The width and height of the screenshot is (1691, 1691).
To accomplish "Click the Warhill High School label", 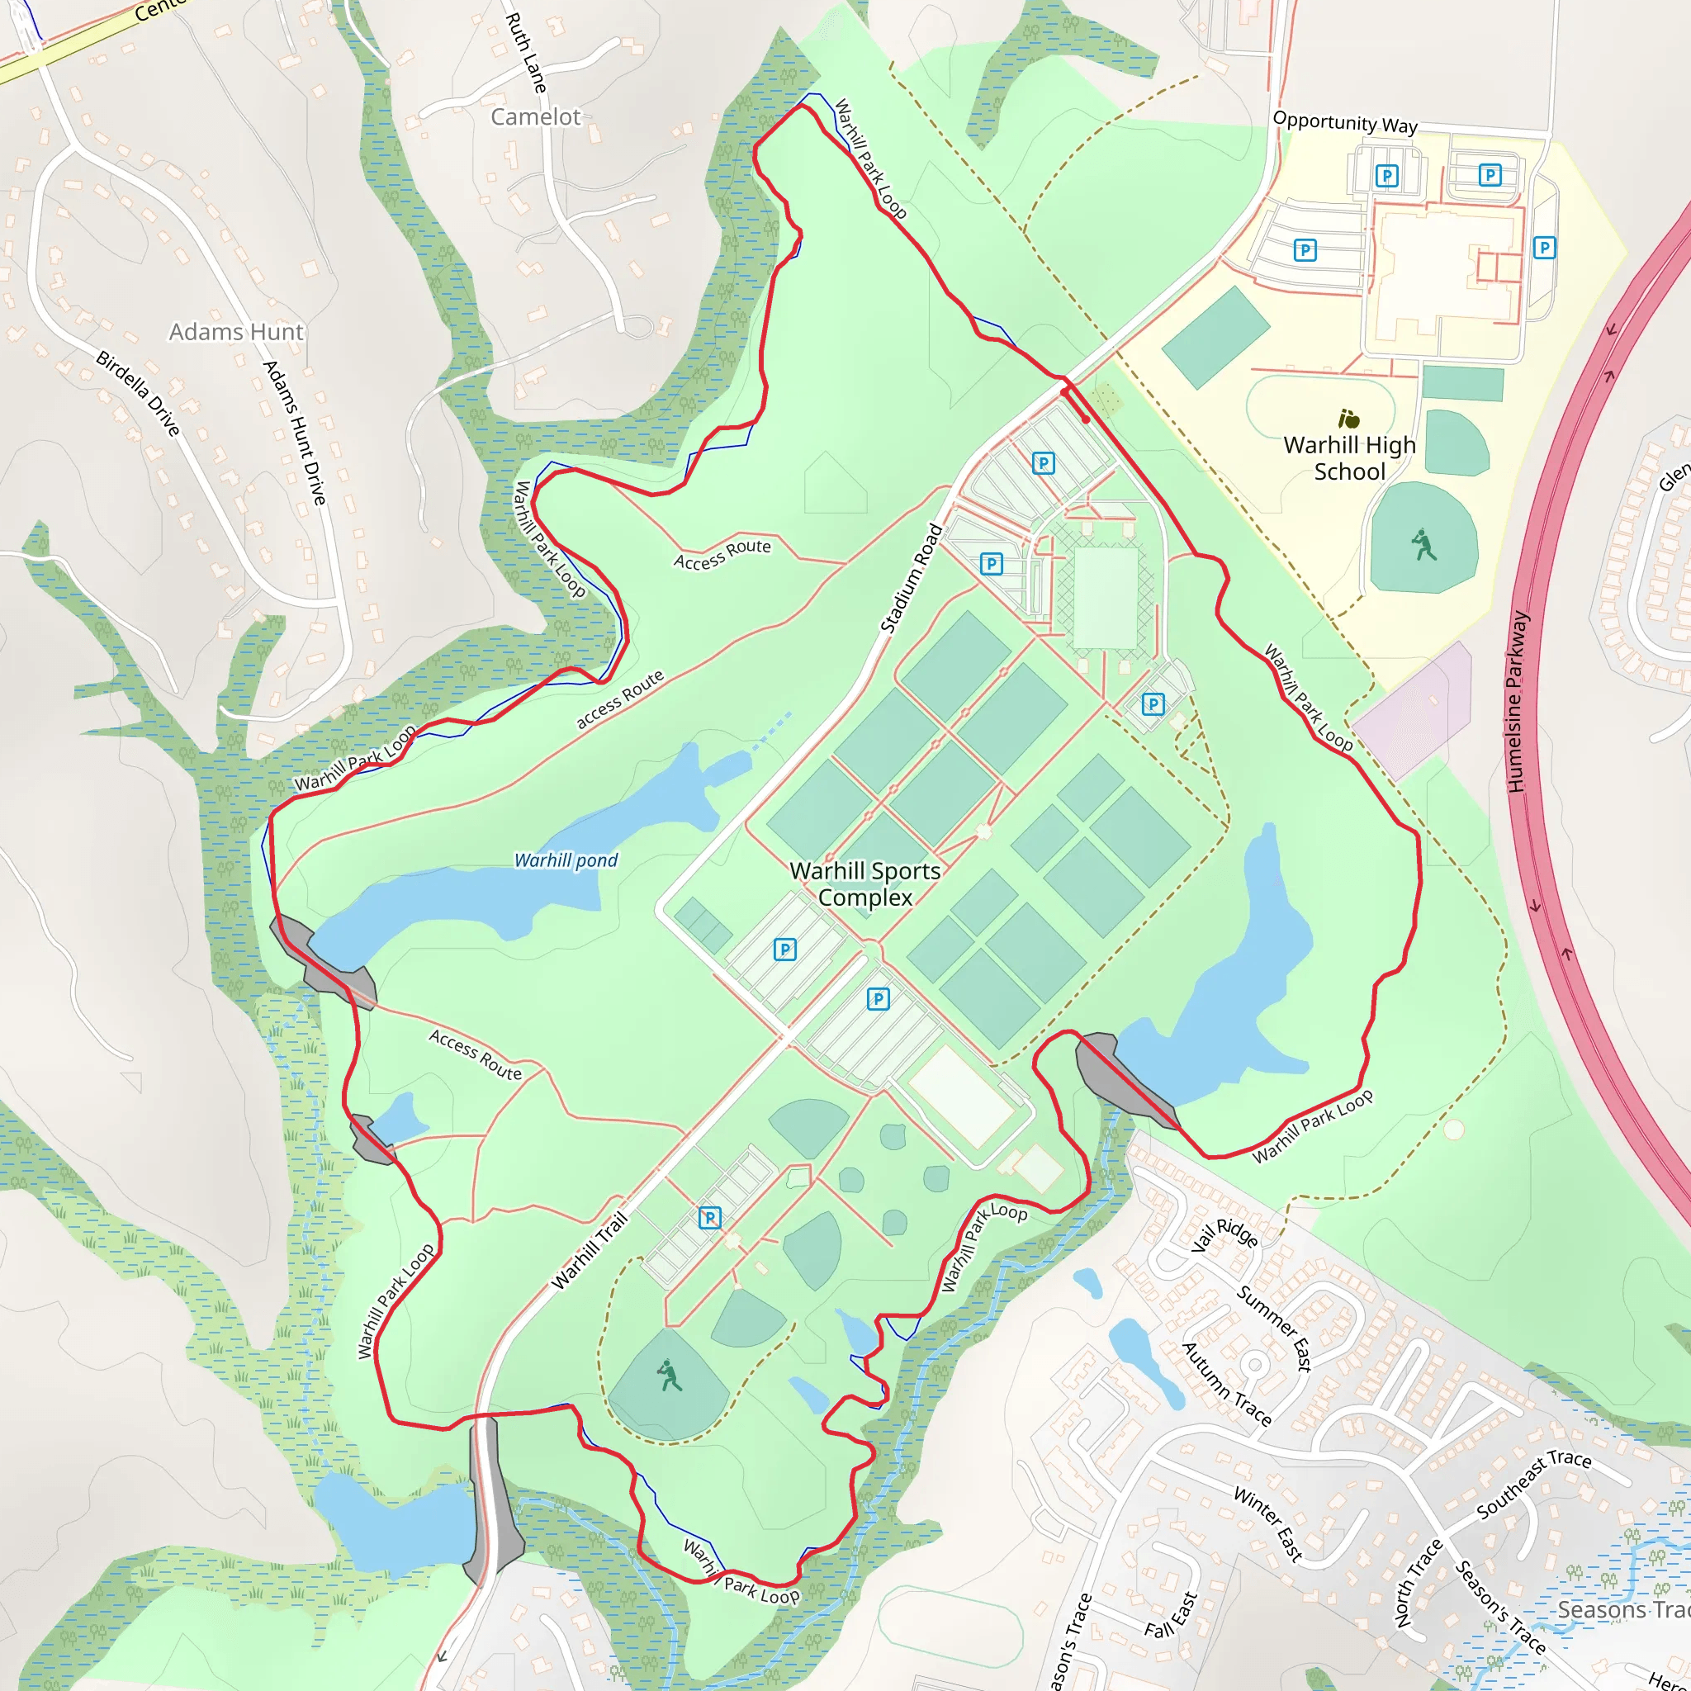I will click(x=1349, y=457).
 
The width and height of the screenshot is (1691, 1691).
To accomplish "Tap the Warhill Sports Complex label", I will click(x=864, y=884).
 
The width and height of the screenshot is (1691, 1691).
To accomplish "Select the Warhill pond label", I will click(x=566, y=860).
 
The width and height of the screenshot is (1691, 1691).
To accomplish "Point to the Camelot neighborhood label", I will click(x=535, y=117).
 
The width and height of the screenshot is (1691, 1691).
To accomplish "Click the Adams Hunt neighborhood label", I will click(x=235, y=332).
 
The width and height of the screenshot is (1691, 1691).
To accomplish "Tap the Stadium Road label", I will click(x=912, y=578).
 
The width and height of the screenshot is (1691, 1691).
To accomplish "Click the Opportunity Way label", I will click(x=1344, y=122).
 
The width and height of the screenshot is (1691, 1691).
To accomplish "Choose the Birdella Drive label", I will click(x=138, y=393).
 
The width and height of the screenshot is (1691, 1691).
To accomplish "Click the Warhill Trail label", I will click(x=590, y=1250).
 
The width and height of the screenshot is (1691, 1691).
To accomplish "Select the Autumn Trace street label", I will click(x=1226, y=1384).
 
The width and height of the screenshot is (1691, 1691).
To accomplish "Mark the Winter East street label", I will click(x=1268, y=1524).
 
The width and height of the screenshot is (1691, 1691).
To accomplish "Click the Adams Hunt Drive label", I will click(x=295, y=433).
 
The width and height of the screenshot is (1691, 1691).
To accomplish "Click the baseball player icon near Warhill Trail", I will click(x=670, y=1376).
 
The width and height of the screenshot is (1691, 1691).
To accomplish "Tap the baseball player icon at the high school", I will click(x=1424, y=544).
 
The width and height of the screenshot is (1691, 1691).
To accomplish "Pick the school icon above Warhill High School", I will click(x=1349, y=419).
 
